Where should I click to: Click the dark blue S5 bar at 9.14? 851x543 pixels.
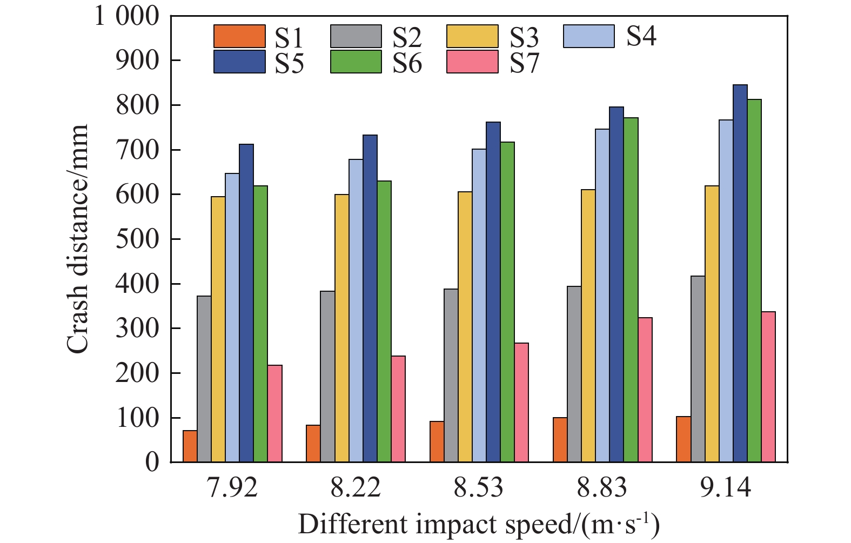740,273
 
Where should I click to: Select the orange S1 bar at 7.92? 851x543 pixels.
190,446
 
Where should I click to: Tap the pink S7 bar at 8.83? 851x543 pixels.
645,390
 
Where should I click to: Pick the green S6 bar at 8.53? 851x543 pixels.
507,302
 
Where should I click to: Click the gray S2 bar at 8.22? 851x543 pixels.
327,377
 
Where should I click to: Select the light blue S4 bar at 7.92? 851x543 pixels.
232,318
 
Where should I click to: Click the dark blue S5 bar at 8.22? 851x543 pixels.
370,298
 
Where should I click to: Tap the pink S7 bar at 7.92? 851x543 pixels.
274,413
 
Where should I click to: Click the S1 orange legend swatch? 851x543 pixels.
239,36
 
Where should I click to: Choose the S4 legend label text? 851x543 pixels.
641,36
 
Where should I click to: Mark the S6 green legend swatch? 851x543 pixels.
356,62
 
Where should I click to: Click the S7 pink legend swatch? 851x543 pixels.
472,62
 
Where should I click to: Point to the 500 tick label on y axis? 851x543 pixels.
137,239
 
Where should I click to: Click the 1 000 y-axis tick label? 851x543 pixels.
128,16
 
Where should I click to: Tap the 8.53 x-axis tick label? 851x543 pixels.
479,488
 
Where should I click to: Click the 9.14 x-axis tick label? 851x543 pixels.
726,488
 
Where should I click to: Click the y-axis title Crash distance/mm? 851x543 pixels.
77,239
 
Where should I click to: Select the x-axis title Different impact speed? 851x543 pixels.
479,525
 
